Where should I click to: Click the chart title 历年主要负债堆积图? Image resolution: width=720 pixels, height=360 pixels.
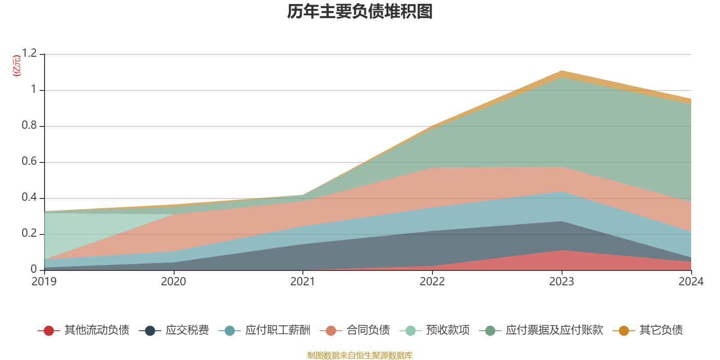point(360,12)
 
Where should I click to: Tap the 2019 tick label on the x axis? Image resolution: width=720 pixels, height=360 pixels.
point(44,282)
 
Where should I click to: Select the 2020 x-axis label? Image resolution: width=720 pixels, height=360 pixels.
point(174,282)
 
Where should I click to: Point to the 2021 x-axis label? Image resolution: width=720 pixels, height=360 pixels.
point(303,282)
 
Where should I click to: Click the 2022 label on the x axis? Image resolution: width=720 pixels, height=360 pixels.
point(432,282)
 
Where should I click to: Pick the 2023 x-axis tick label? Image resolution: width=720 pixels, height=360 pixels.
point(562,282)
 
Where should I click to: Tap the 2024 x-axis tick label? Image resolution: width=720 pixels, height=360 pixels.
point(690,282)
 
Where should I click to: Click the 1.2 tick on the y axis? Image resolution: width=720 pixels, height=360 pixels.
point(30,54)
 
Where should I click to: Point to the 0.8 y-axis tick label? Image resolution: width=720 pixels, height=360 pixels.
point(30,126)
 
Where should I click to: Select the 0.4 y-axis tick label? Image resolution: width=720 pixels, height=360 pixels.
point(30,198)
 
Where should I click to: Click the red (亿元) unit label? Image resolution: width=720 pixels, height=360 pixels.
point(17,66)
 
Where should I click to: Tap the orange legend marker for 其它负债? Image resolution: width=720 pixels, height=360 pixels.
point(624,331)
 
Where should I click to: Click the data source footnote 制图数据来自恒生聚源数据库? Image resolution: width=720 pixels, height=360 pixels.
point(360,355)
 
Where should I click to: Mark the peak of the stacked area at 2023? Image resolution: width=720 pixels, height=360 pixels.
point(562,71)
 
